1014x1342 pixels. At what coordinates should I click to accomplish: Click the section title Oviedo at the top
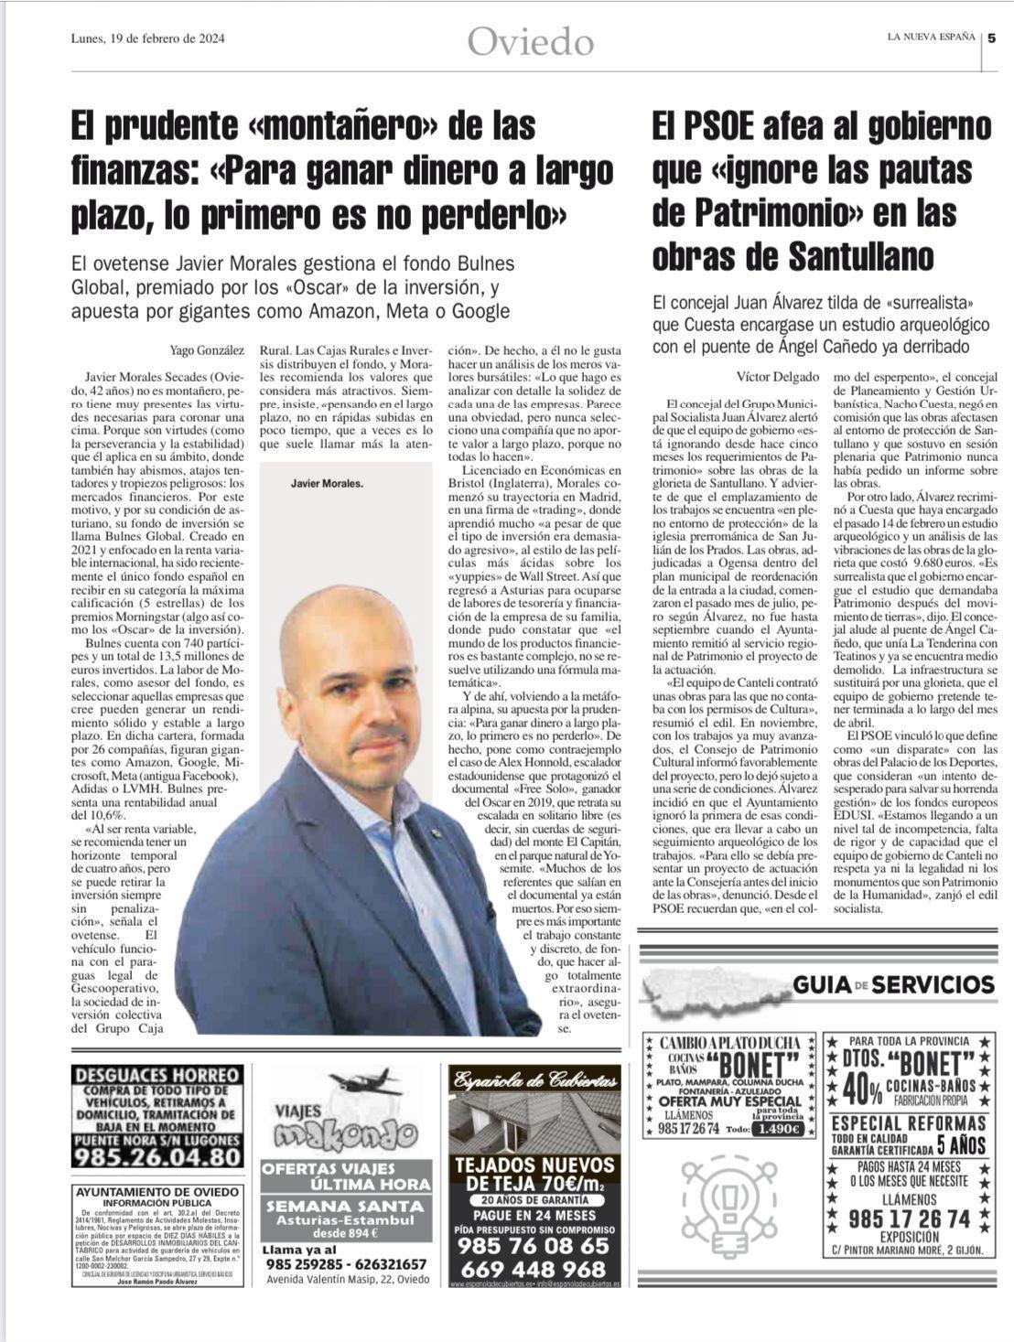pyautogui.click(x=530, y=41)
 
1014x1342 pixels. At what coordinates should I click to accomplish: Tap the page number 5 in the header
pyautogui.click(x=992, y=38)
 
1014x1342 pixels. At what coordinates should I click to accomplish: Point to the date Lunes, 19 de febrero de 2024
pyautogui.click(x=148, y=38)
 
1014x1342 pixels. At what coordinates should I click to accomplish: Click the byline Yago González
pyautogui.click(x=207, y=349)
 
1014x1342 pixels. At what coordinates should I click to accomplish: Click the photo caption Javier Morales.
pyautogui.click(x=327, y=483)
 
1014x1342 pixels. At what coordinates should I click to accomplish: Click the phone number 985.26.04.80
pyautogui.click(x=157, y=1156)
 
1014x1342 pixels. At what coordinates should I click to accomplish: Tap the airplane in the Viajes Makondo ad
pyautogui.click(x=365, y=1086)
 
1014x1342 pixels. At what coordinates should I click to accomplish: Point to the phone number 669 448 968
pyautogui.click(x=534, y=1269)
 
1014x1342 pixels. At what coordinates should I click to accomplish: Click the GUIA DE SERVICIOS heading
pyautogui.click(x=892, y=984)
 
